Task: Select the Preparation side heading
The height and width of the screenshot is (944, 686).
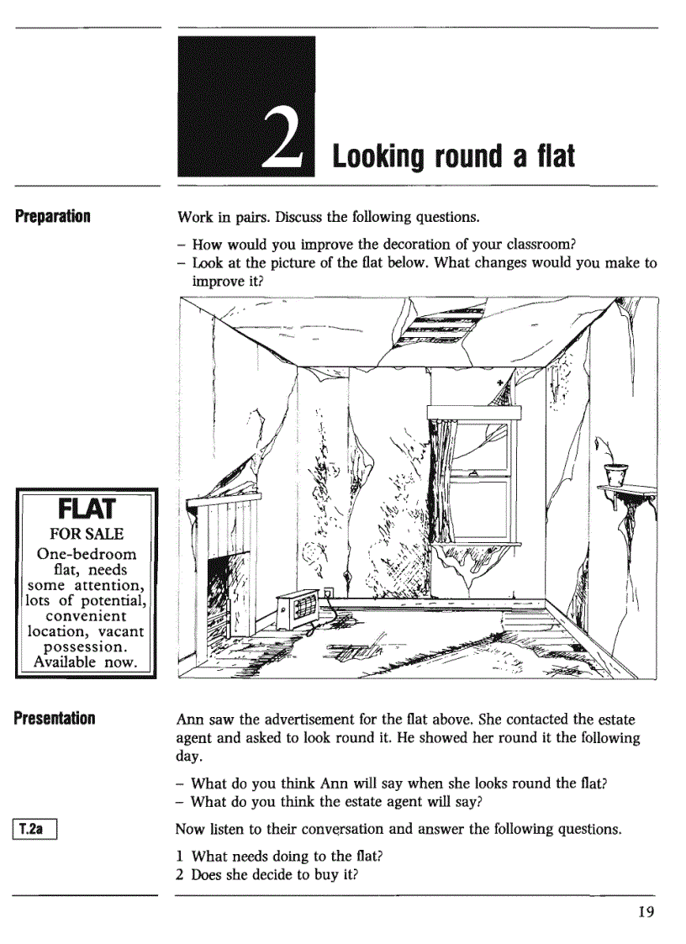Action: (x=52, y=216)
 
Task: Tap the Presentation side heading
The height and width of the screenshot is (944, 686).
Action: (x=54, y=718)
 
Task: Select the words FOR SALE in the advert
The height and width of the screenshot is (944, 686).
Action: (x=87, y=534)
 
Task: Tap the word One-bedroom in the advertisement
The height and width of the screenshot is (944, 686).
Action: (x=87, y=554)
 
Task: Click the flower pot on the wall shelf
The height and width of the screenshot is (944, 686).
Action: (x=616, y=472)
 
